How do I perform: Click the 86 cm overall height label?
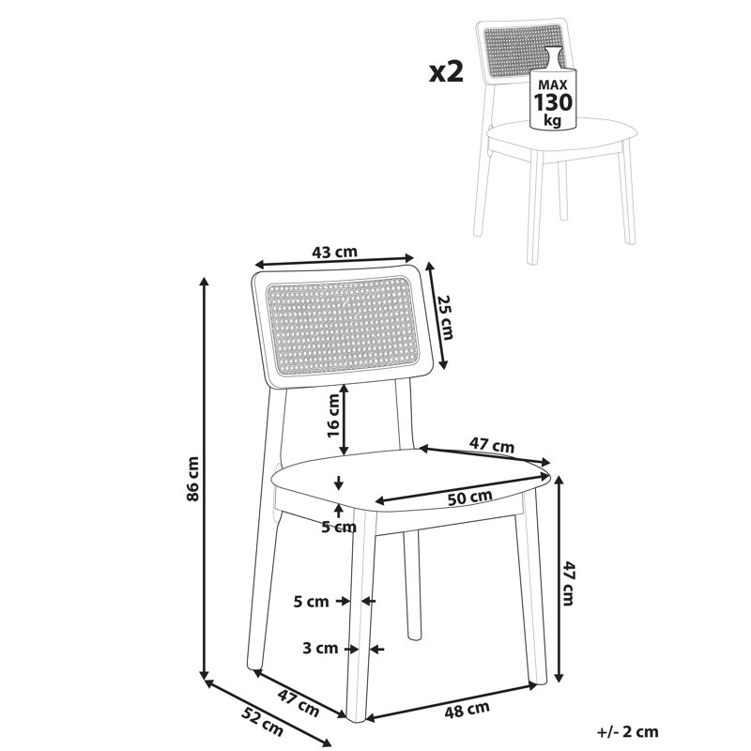point(192,479)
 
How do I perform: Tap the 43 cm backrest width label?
point(334,252)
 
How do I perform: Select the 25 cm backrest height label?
point(444,316)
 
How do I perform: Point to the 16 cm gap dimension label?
point(333,415)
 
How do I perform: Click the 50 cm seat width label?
point(470,498)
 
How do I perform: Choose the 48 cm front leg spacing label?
point(467,710)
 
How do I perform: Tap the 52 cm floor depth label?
point(262,722)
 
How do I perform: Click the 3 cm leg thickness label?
point(320,649)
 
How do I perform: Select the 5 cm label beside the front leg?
point(312,602)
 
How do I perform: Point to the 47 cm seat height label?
point(568,582)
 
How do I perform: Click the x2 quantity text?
point(447,72)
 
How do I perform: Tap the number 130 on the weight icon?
point(553,102)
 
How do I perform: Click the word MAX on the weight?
point(553,85)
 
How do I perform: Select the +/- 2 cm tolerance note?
point(628,732)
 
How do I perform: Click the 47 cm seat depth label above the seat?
point(491,445)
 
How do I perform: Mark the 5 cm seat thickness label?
point(339,528)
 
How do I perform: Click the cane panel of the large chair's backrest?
point(343,326)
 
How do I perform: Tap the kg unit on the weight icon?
point(553,120)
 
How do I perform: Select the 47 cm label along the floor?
point(298,703)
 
